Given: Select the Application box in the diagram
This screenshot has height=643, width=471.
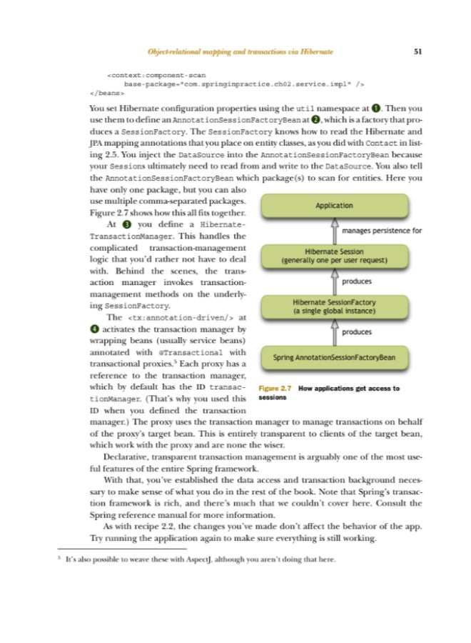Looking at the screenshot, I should coord(334,206).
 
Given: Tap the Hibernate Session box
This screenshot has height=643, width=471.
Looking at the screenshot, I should coord(334,256).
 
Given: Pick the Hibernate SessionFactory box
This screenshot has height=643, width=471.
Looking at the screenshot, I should coord(334,306).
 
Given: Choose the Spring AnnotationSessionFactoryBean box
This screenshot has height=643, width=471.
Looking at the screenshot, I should coord(334,357).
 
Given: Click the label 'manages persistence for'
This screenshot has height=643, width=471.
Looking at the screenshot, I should coord(382,231).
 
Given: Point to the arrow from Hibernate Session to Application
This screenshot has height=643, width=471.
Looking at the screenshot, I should coord(334,231).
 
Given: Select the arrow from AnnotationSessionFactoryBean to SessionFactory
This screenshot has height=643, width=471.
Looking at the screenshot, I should coord(334,332).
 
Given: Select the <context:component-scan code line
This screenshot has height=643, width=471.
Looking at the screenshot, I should coord(151,73).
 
